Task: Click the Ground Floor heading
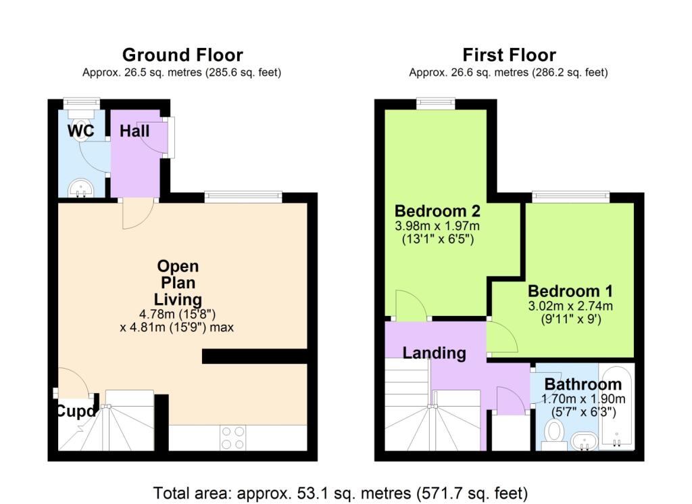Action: [182, 55]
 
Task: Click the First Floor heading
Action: [508, 55]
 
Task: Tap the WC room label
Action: [80, 131]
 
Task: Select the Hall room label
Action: [134, 131]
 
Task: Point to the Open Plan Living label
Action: [178, 283]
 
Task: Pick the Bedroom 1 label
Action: [570, 291]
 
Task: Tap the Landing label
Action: [435, 352]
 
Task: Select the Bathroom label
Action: [583, 384]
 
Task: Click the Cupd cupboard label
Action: [74, 411]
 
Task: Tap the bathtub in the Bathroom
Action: [616, 407]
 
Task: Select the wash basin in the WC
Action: [82, 185]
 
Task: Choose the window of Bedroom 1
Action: [571, 197]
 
